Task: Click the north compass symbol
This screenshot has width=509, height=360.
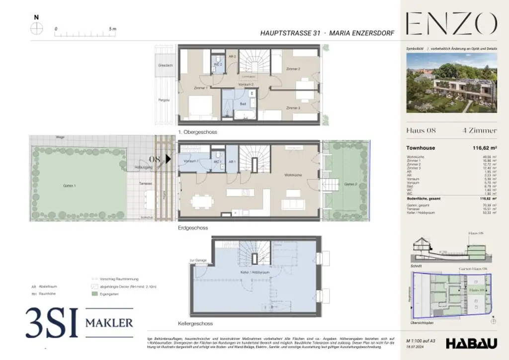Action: coord(36,29)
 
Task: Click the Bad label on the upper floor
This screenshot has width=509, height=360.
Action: coord(243,104)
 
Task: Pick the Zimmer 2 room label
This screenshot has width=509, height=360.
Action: coord(293,69)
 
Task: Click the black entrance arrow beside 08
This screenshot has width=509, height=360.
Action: coord(169,159)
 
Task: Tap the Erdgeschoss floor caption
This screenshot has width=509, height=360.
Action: coord(193,228)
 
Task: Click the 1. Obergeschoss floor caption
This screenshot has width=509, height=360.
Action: coord(198,132)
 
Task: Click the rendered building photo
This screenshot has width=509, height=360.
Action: coord(451,83)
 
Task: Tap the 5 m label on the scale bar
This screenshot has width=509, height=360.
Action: coord(112,29)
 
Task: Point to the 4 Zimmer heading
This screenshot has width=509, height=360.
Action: coord(479,131)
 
